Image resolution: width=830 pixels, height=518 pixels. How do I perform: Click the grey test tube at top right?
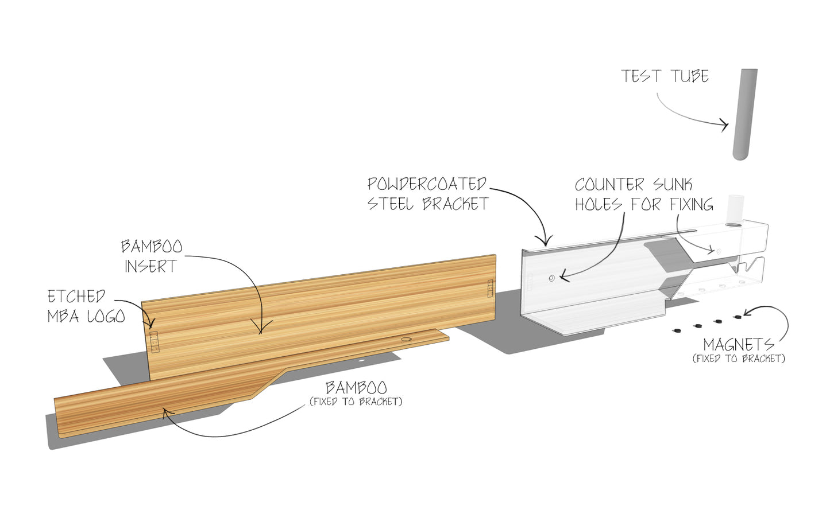[744, 115]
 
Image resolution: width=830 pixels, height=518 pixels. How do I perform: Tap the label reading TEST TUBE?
[665, 76]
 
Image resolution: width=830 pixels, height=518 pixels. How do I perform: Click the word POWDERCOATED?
[427, 184]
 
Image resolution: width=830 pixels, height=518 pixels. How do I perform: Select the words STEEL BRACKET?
[428, 204]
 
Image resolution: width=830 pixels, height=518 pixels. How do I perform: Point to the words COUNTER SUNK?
[633, 185]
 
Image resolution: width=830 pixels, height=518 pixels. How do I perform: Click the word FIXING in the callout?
[692, 204]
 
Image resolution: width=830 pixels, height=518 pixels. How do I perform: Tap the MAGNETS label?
[738, 345]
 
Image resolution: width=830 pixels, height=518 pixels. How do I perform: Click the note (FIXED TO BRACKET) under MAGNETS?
[739, 359]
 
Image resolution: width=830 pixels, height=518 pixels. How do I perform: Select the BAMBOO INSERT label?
[151, 256]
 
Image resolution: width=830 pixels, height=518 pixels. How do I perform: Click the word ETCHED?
[76, 297]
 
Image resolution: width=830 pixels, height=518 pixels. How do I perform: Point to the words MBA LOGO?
[86, 316]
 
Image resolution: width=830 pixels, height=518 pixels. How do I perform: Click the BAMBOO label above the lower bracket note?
[356, 387]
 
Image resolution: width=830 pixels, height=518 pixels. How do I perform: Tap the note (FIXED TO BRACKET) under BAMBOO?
[356, 402]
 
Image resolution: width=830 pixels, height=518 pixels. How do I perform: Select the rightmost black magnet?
[738, 317]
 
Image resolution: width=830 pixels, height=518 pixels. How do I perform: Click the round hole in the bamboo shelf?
[407, 340]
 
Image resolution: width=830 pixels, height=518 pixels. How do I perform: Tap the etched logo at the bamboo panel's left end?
[154, 341]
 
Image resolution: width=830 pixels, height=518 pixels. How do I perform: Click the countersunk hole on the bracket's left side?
[551, 278]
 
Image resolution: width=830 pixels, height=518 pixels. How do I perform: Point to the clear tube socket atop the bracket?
[735, 210]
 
